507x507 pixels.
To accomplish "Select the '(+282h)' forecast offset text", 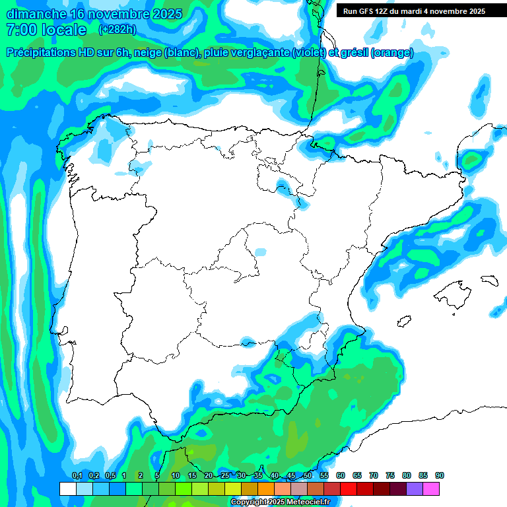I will coord(118,30).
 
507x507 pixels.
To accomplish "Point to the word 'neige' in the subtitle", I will coord(149,53).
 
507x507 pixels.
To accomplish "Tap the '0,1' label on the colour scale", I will coord(77,476).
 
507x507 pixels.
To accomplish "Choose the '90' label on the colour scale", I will coord(440,476).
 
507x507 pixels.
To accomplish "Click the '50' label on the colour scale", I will coord(308,476).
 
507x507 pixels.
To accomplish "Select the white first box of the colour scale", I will coord(67,489).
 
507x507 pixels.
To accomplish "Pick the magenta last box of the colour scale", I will coord(431,489).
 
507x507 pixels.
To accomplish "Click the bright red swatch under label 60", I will coord(349,489).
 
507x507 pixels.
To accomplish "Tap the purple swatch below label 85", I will coord(415,489).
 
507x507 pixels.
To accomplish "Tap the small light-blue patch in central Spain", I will coord(261,252).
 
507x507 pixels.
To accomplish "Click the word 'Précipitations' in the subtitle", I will coord(42,53).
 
